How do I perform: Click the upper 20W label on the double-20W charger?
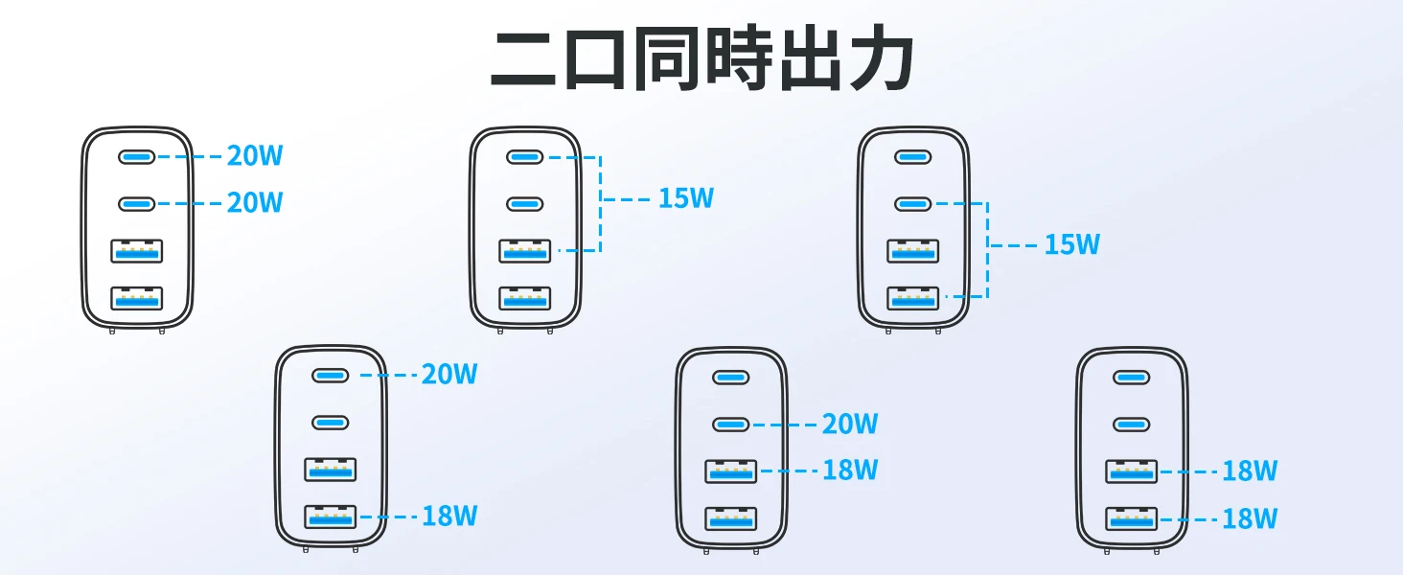[255, 155]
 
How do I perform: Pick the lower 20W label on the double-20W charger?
[255, 203]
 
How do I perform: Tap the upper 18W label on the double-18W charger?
[1250, 471]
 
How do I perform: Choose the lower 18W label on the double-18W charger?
[1250, 519]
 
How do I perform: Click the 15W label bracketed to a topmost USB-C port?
[686, 199]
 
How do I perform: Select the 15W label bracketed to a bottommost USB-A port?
[1072, 245]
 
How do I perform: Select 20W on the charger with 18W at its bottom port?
[449, 375]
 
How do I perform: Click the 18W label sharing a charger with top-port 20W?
[449, 517]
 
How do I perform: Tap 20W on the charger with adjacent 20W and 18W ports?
[850, 424]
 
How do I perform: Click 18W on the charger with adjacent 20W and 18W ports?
[850, 471]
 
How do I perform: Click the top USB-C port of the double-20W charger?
[136, 156]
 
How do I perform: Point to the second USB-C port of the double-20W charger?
[136, 204]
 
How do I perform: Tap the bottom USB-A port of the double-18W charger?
[1131, 519]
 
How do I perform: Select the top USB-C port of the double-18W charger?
[1131, 377]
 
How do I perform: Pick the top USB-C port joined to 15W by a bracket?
[524, 156]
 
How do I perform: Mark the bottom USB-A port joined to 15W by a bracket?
[913, 298]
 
